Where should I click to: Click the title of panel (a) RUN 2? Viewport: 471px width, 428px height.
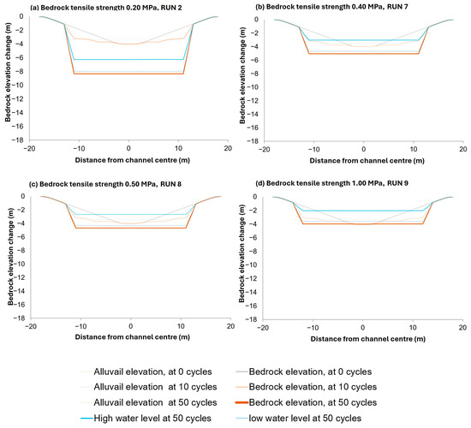[106, 7]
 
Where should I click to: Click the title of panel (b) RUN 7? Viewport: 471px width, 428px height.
[331, 7]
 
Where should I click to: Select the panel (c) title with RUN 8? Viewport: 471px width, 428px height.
[105, 184]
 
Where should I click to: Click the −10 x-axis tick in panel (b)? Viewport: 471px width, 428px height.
[314, 149]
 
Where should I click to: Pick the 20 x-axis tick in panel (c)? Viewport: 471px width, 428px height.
[230, 326]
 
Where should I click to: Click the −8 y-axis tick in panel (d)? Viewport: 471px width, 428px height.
[252, 251]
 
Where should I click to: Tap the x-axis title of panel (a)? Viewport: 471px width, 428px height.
[133, 160]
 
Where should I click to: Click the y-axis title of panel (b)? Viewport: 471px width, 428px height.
[242, 75]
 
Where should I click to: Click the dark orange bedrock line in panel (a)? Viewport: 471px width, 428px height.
[128, 74]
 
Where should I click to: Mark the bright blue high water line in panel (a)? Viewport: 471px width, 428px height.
[128, 59]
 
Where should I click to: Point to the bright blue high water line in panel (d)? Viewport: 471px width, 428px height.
[363, 211]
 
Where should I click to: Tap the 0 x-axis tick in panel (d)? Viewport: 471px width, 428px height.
[363, 327]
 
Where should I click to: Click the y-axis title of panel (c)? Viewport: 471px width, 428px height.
[11, 256]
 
